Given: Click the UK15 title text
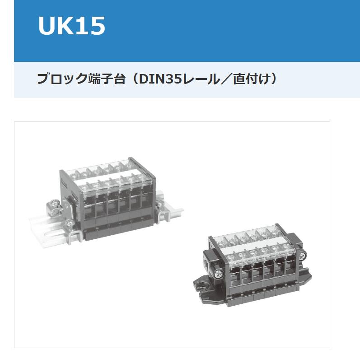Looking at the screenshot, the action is pos(71,26).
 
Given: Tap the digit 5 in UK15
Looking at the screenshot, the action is pos(98,26).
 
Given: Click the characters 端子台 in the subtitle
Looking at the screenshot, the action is pos(107,79).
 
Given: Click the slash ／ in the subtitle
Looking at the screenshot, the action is pos(226,79).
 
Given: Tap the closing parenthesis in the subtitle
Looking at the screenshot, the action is pos(274,79).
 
